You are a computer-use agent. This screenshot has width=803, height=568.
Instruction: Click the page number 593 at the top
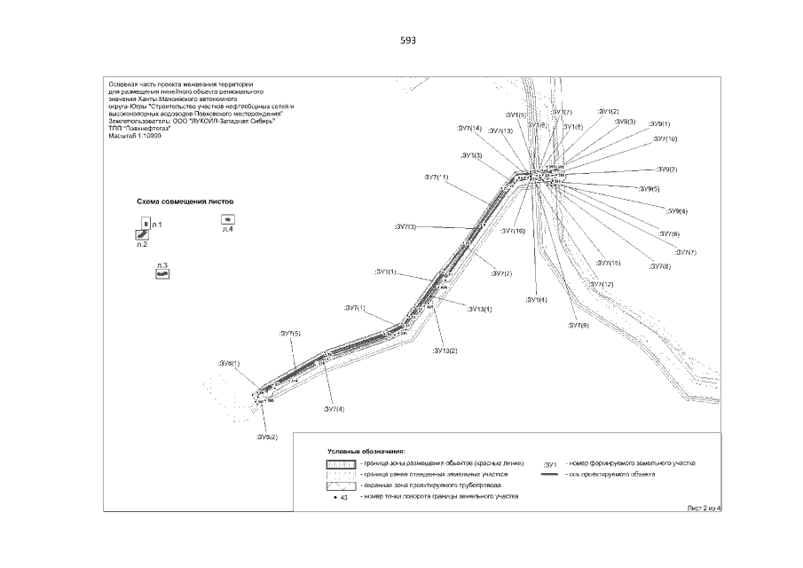pyautogui.click(x=408, y=41)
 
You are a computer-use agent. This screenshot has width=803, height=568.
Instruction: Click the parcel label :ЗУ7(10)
pyautogui.click(x=665, y=139)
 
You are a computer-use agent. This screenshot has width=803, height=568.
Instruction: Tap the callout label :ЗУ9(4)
pyautogui.click(x=676, y=211)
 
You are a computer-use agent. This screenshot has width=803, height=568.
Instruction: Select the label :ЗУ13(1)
pyautogui.click(x=479, y=308)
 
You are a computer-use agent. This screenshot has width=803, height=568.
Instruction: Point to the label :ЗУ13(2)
pyautogui.click(x=445, y=351)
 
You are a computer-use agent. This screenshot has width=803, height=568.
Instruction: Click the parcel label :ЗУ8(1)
pyautogui.click(x=229, y=364)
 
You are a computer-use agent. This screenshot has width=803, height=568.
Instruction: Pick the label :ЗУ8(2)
pyautogui.click(x=267, y=438)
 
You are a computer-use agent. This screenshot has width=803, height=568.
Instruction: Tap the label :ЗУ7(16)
pyautogui.click(x=512, y=232)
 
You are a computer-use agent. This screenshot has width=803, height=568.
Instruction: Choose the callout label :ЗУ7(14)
pyautogui.click(x=465, y=129)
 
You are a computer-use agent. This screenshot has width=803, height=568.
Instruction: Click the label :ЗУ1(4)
pyautogui.click(x=536, y=300)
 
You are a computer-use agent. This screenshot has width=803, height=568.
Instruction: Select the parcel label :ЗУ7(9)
pyautogui.click(x=579, y=326)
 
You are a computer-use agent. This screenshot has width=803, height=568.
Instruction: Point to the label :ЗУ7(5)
pyautogui.click(x=290, y=333)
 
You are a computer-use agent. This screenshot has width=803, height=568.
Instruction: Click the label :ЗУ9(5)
pyautogui.click(x=649, y=189)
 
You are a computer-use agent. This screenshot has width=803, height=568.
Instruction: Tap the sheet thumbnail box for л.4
pyautogui.click(x=228, y=218)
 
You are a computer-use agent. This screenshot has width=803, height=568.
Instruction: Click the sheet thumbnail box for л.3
pyautogui.click(x=161, y=274)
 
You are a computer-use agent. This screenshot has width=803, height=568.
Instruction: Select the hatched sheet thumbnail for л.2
pyautogui.click(x=140, y=234)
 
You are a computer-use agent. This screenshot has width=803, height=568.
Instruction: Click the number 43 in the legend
pyautogui.click(x=343, y=499)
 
